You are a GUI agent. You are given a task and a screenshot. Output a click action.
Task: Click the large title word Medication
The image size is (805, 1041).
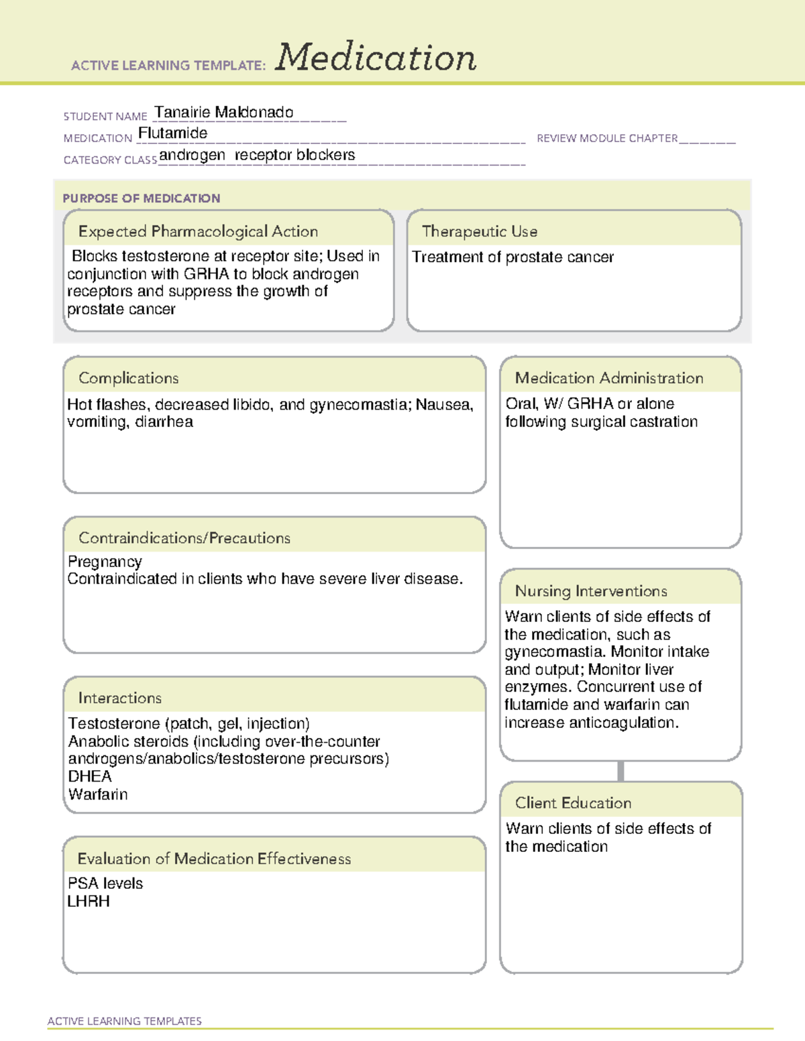coord(376,58)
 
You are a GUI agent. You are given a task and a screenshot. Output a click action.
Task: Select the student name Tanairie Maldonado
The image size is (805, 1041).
coord(223,113)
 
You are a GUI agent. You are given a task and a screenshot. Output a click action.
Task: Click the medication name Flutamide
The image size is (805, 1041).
coord(172,133)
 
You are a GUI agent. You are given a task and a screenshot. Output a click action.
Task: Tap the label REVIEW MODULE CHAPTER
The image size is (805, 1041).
coord(607,139)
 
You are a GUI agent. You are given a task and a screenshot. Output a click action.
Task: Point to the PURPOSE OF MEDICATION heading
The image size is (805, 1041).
coord(142,198)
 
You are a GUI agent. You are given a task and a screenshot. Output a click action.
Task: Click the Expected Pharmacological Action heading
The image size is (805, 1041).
coord(198,232)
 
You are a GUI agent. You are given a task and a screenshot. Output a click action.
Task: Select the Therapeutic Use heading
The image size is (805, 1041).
coord(480,232)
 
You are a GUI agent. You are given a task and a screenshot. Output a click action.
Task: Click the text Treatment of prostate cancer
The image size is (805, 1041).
coord(513,257)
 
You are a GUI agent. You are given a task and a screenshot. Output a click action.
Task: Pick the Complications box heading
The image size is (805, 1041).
coord(129,379)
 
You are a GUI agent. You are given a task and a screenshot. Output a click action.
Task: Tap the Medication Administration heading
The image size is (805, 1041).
coord(609,379)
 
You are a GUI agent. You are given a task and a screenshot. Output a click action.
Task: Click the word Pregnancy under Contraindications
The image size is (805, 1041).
coord(105,562)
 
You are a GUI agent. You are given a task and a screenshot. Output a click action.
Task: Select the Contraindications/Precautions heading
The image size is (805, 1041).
coord(184,538)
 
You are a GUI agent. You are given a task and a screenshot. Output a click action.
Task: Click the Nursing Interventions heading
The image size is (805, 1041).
coord(591,591)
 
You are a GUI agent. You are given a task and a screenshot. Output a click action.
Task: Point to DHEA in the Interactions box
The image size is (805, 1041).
coord(90,777)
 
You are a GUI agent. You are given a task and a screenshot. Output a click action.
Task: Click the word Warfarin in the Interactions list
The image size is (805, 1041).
coord(98,795)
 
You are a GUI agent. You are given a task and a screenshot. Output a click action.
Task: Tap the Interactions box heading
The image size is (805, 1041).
coord(120,698)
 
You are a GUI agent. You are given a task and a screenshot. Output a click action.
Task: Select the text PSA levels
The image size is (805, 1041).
coord(105,884)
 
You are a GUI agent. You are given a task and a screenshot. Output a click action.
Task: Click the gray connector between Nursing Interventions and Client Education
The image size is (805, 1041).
coord(621,772)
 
